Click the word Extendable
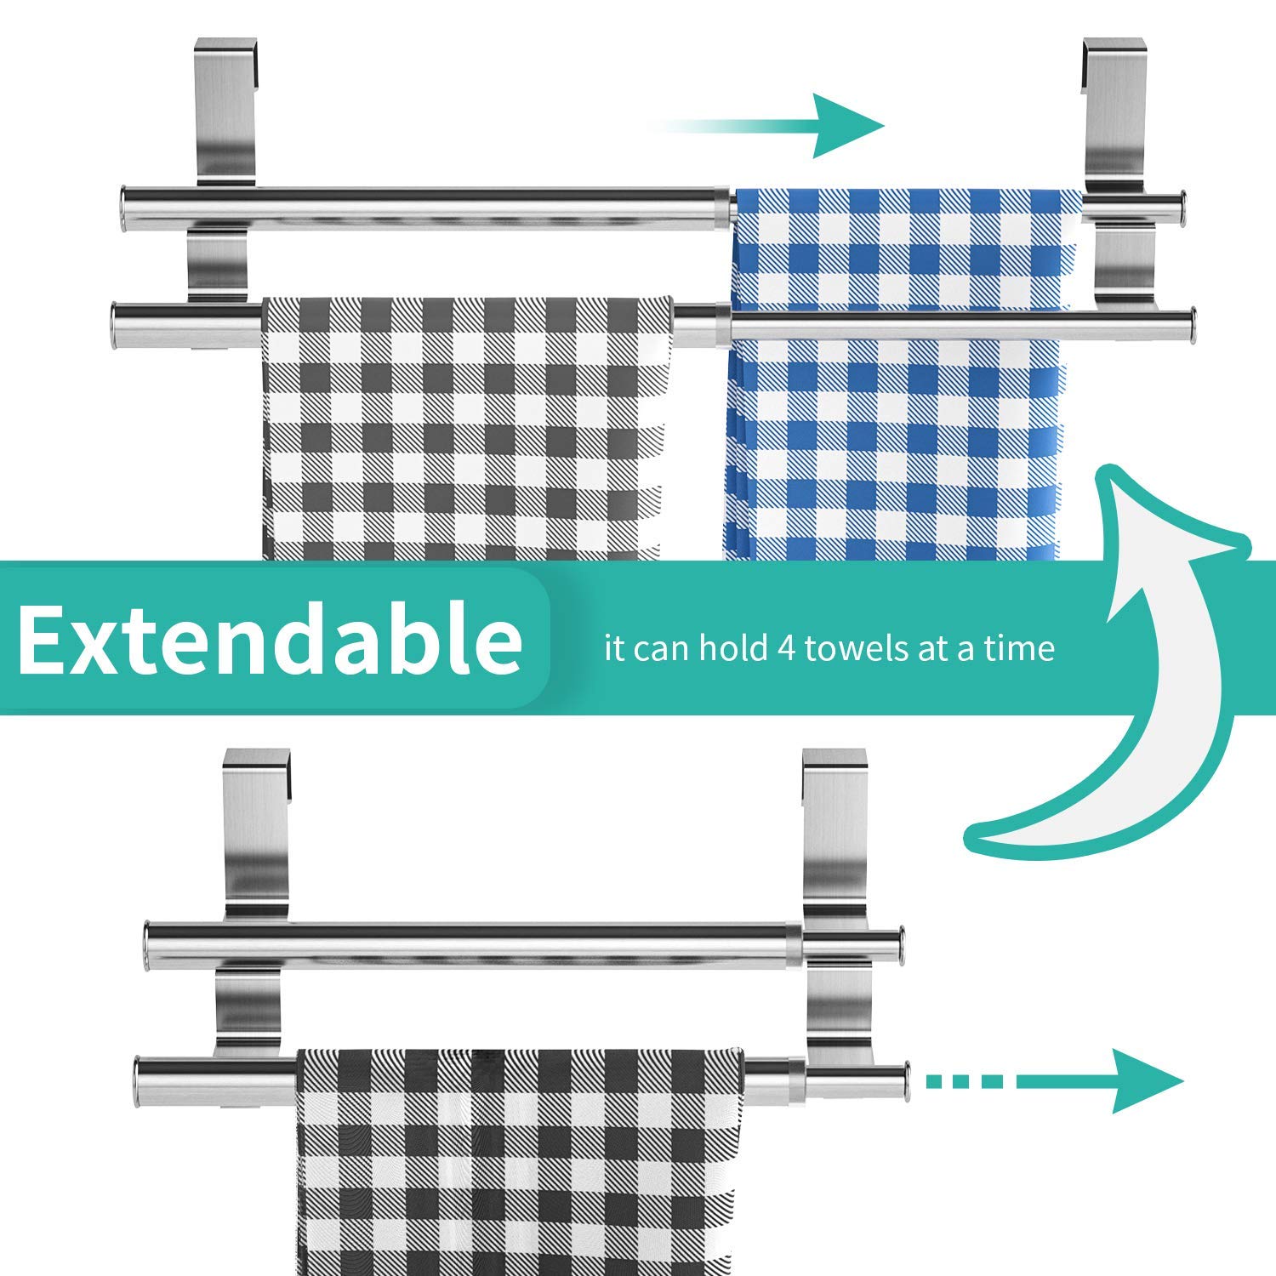(x=270, y=638)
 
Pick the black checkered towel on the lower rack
(x=519, y=1165)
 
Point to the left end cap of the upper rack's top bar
(x=124, y=208)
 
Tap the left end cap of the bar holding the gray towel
(x=117, y=323)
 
